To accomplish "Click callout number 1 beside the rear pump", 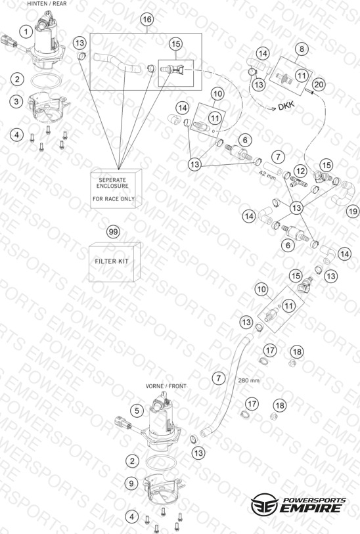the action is [26, 32].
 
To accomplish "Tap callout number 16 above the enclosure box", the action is [146, 20].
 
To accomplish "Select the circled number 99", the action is [113, 232].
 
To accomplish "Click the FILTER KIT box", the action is [114, 262].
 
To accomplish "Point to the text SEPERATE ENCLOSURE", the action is [114, 183].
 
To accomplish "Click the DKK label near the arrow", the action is [286, 106].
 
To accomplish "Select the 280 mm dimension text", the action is [248, 380].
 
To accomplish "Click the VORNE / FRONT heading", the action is [166, 386].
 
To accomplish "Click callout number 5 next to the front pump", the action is [137, 411].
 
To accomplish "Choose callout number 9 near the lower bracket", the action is [132, 483].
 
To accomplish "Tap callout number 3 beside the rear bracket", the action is [16, 101].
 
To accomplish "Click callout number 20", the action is [319, 84].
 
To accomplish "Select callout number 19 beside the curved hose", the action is [353, 211].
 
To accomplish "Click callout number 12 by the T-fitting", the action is [300, 170].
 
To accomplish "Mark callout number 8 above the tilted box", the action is [302, 49].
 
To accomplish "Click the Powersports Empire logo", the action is [298, 505].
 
